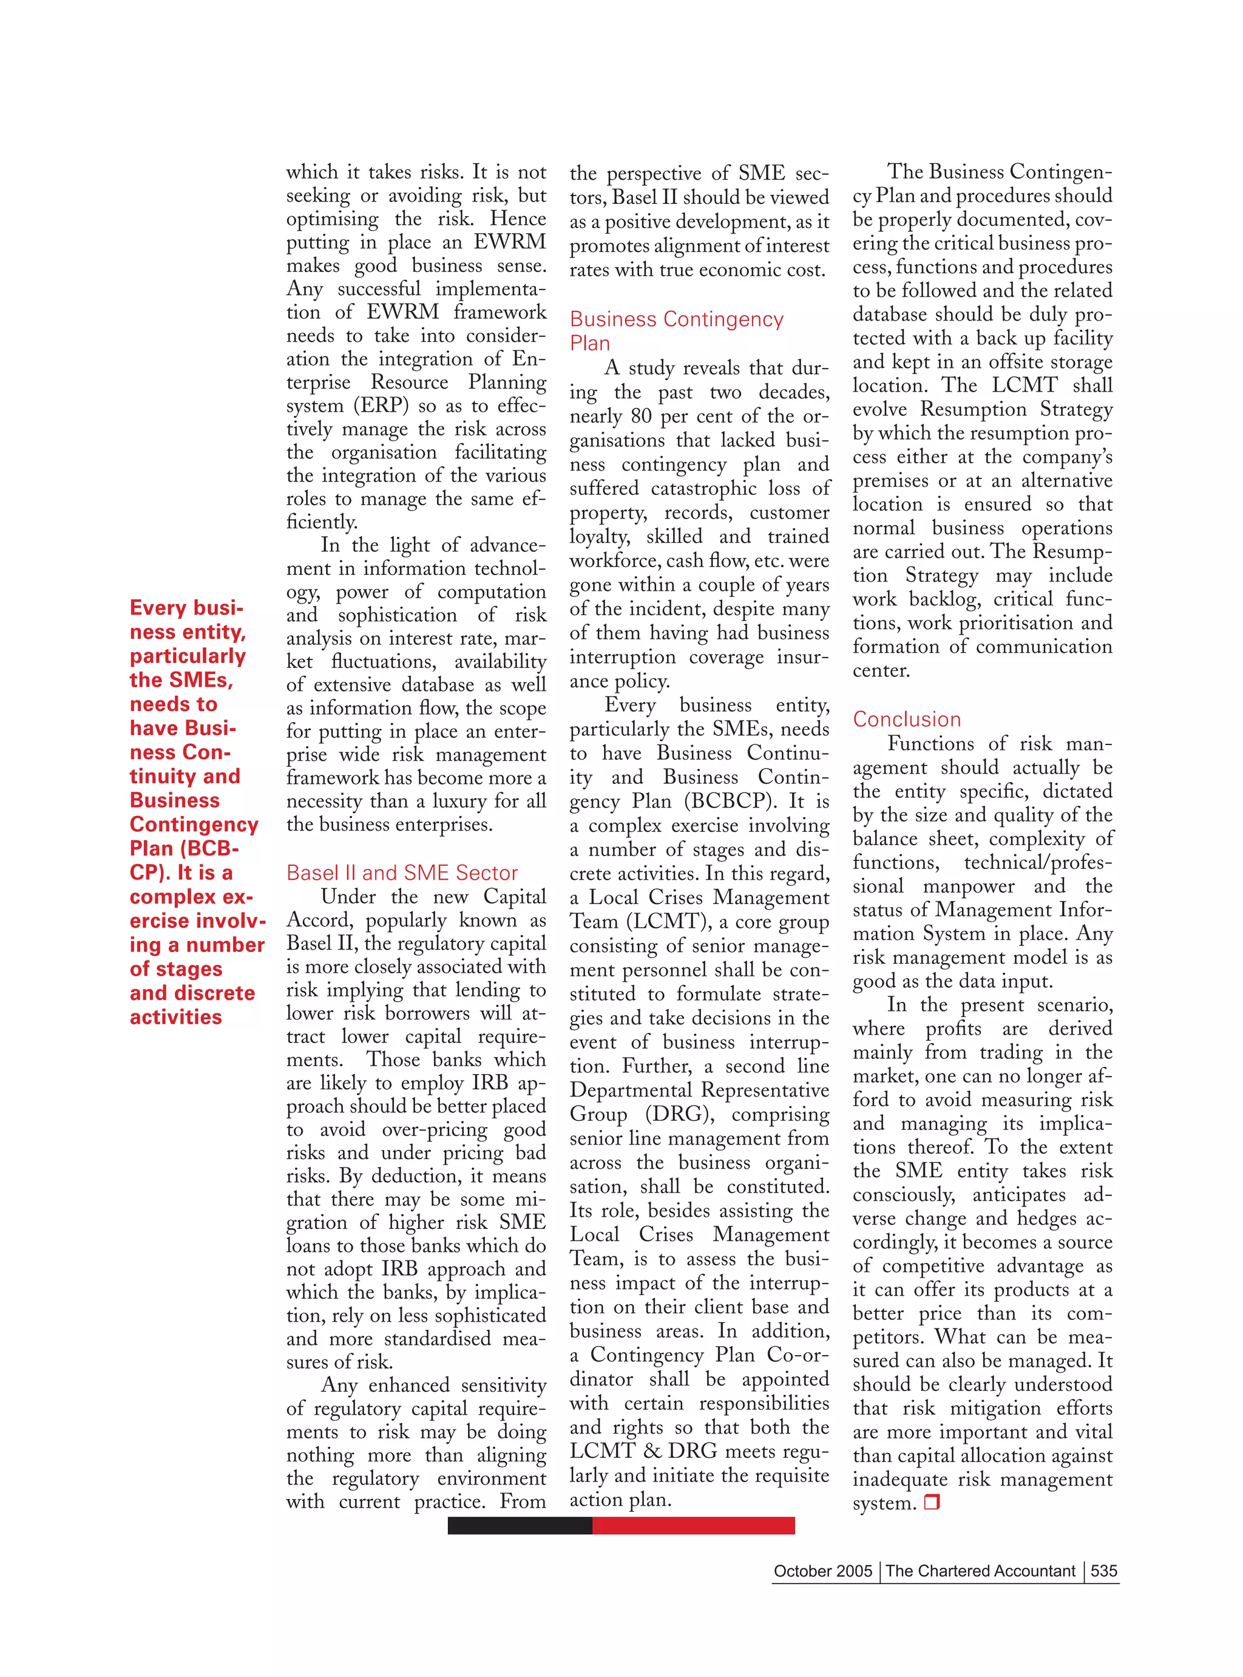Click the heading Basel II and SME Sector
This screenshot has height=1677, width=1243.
pyautogui.click(x=402, y=873)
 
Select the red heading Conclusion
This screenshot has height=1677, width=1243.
pyautogui.click(x=907, y=719)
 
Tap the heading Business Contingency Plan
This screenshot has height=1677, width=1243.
pyautogui.click(x=676, y=330)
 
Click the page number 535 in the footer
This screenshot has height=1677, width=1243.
pyautogui.click(x=1104, y=1571)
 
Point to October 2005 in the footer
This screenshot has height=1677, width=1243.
pyautogui.click(x=822, y=1571)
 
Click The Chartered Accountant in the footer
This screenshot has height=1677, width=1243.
pyautogui.click(x=980, y=1571)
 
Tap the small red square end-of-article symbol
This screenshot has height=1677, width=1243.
pyautogui.click(x=932, y=1502)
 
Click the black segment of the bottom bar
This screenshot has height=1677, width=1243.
pyautogui.click(x=519, y=1526)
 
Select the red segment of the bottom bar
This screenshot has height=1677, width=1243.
pyautogui.click(x=693, y=1526)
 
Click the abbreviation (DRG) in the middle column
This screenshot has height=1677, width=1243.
pyautogui.click(x=678, y=1114)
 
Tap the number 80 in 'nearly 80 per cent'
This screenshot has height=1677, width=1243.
pyautogui.click(x=640, y=417)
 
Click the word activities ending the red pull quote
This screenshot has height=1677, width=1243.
pyautogui.click(x=175, y=1018)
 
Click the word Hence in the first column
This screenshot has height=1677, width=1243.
pyautogui.click(x=518, y=219)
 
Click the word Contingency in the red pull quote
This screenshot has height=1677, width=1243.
pyautogui.click(x=194, y=825)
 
